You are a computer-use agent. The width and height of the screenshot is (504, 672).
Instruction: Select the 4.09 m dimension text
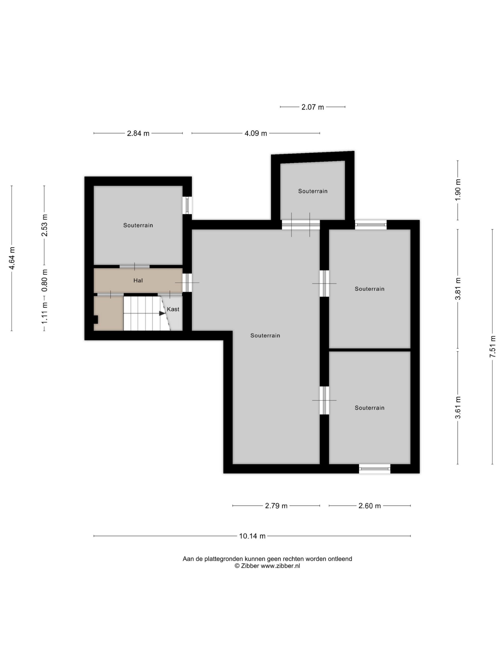[256, 133]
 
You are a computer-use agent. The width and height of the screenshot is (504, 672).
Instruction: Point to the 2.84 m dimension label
[138, 133]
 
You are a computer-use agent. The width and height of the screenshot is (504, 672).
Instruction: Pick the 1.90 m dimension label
[458, 189]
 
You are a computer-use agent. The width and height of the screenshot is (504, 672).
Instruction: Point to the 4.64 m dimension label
[12, 258]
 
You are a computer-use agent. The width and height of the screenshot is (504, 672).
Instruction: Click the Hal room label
[138, 280]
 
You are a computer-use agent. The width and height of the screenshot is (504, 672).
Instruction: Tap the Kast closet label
[173, 309]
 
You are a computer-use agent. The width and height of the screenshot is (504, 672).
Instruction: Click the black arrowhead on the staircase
[162, 313]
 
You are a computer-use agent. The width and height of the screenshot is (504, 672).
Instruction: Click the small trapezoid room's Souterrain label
[313, 191]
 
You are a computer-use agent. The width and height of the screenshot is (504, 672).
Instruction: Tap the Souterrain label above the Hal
[138, 225]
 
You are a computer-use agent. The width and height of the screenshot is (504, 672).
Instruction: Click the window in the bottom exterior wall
[374, 469]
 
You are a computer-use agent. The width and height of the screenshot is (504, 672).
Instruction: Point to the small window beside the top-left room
[187, 205]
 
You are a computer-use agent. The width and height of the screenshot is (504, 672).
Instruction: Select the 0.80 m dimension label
[44, 280]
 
